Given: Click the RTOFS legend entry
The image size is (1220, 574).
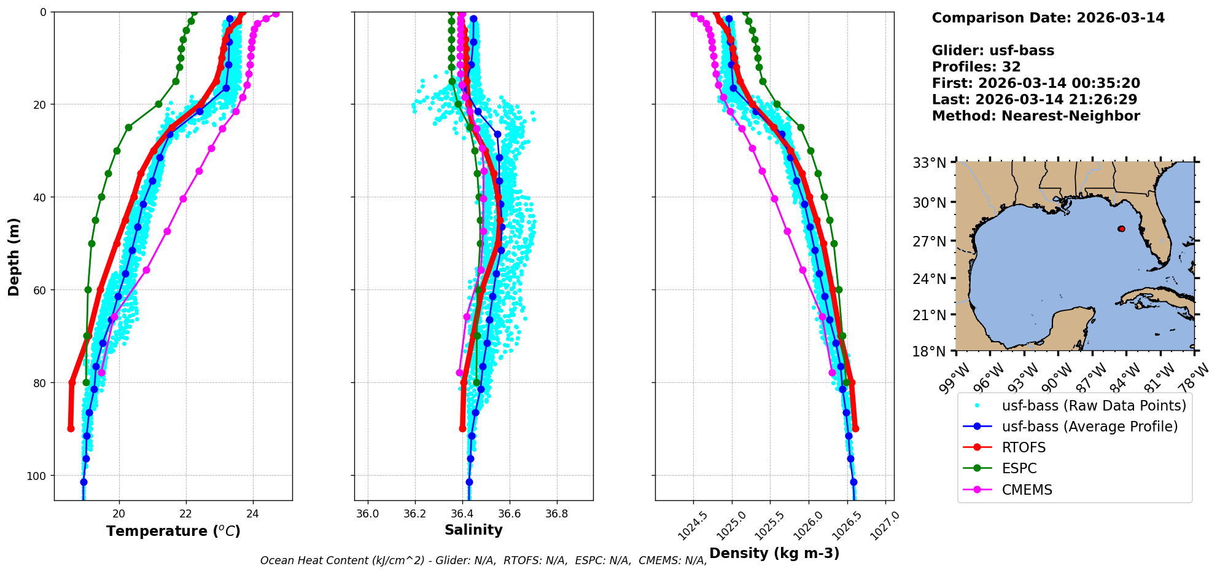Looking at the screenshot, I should pos(1024,447).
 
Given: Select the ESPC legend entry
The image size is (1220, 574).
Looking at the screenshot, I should pos(1019,468).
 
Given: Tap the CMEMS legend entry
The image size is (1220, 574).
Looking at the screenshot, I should pos(1027,490).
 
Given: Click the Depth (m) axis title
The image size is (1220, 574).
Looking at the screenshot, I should pos(14,256).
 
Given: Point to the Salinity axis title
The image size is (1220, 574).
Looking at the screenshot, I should pos(473,530).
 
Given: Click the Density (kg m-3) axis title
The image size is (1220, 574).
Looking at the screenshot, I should pos(774,553).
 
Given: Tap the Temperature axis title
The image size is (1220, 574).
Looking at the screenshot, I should pos(173,531).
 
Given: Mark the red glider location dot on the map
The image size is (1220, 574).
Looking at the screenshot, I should pos(1122,229).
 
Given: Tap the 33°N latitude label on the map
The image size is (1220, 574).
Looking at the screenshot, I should pos(929,163).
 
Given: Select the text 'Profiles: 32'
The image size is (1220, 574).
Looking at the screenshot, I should pos(976,67).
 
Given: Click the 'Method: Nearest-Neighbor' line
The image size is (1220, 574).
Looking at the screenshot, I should pos(1036,116).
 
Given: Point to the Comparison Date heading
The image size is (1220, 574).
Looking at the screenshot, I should pos(1048,18).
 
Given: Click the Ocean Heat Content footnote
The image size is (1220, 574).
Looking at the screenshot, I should pos(483,560).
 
